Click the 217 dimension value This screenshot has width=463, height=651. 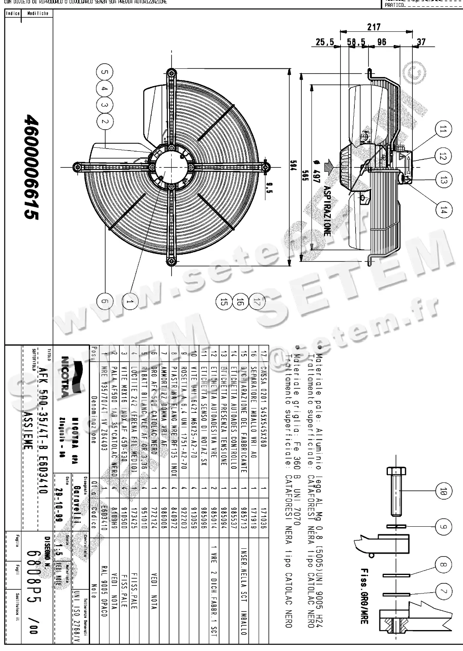(374, 27)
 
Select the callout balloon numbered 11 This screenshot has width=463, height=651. (443, 130)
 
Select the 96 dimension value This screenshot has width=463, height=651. (381, 42)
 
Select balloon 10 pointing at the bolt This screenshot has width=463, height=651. (443, 490)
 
